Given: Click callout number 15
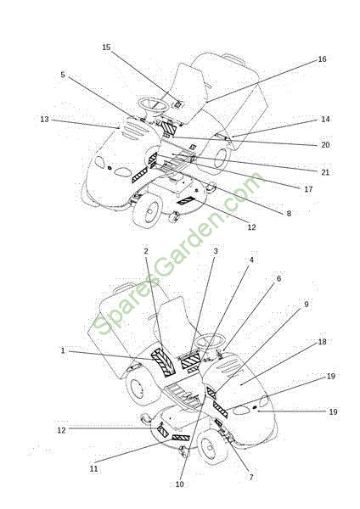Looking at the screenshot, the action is click(106, 47).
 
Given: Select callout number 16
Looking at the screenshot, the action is click(322, 59).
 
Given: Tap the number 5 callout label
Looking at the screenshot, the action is click(63, 75).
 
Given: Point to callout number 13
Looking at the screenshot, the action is click(44, 119).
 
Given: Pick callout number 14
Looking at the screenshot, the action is click(325, 119).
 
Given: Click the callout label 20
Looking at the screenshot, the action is click(325, 145).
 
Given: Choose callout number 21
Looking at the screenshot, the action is click(325, 172).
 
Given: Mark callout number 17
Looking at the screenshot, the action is click(308, 189).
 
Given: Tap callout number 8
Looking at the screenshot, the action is click(289, 213).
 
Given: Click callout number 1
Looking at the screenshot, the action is click(63, 350).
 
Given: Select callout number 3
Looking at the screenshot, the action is click(215, 251).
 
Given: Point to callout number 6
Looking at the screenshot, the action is click(278, 278).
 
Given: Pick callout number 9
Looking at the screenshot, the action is click(306, 305).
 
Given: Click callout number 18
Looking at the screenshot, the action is click(322, 342).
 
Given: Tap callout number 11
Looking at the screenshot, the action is click(93, 469).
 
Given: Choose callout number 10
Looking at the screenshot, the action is click(179, 484).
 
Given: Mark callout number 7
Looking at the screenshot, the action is click(251, 477).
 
